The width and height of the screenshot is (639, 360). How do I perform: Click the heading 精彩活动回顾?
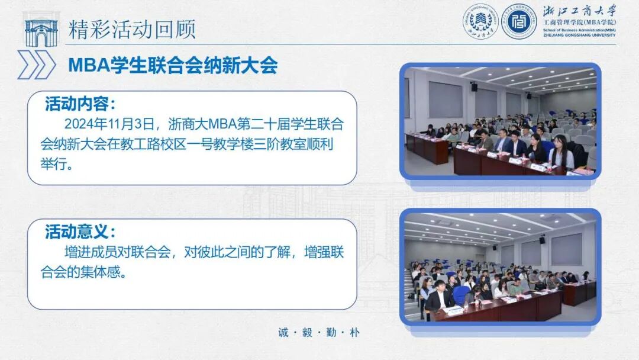[x=132, y=29]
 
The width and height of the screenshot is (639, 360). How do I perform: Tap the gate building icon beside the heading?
[x=41, y=32]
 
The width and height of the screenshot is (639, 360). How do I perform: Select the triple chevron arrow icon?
[x=36, y=65]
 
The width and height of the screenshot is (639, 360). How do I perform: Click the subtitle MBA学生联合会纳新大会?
[x=173, y=65]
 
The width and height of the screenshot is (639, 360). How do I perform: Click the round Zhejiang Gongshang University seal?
[x=480, y=22]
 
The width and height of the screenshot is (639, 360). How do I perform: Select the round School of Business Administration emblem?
[x=519, y=22]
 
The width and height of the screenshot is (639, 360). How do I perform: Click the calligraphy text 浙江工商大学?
[x=580, y=11]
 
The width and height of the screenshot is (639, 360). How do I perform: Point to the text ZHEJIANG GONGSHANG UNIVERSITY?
[x=579, y=35]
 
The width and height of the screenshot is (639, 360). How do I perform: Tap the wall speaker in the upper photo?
[x=474, y=87]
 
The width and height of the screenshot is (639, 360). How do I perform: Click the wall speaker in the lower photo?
[x=542, y=240]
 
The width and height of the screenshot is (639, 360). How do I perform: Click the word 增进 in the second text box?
[x=75, y=252]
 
